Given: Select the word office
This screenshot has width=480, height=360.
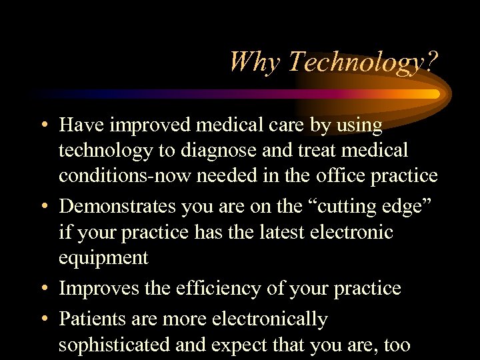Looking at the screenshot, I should point(340,176).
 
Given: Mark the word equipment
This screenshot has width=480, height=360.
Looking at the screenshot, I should point(103,259).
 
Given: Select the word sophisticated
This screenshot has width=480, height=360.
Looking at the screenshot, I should point(116,345).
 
